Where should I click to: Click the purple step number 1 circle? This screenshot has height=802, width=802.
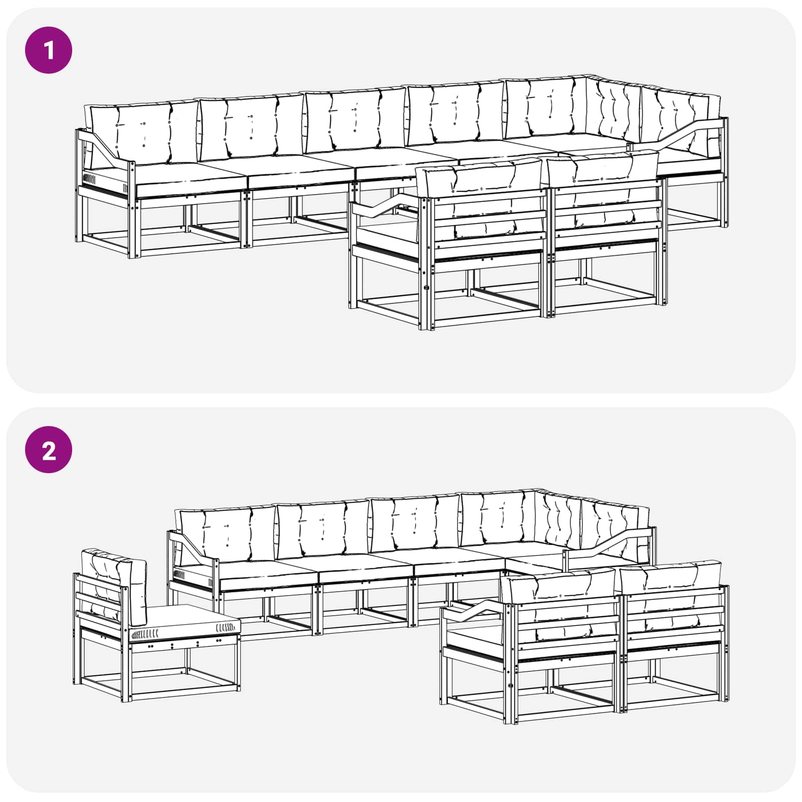pos(49,50)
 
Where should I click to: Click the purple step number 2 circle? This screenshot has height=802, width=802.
pos(49,450)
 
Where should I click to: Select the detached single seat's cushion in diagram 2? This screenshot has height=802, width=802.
pos(184,622)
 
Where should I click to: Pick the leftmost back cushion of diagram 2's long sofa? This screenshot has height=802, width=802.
pos(228,534)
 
